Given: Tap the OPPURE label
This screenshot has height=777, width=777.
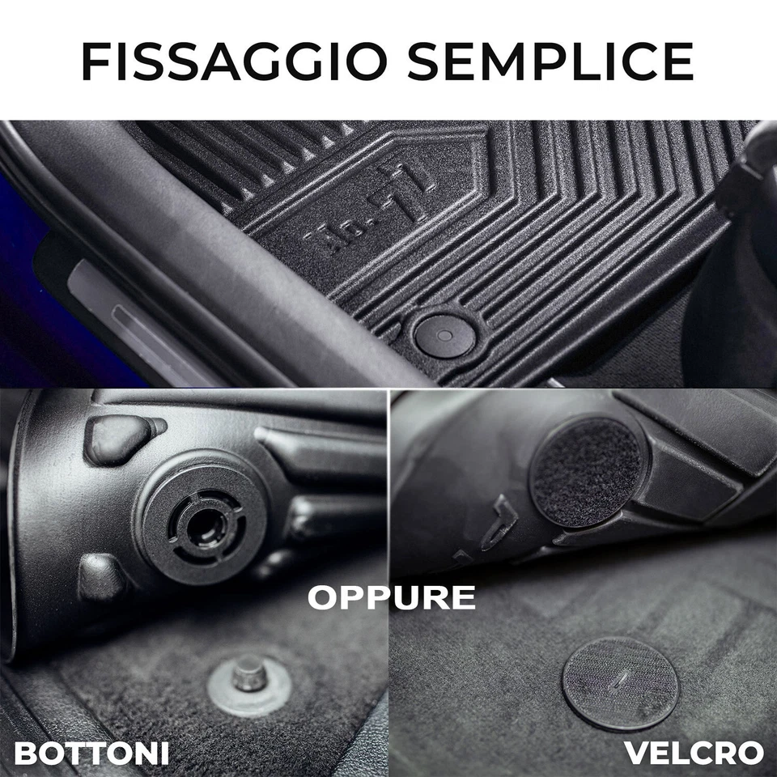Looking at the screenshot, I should pyautogui.click(x=391, y=597).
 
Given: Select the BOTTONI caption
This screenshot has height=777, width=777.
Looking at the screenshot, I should pyautogui.click(x=91, y=753).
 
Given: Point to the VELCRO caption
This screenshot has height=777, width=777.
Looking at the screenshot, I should pyautogui.click(x=694, y=753).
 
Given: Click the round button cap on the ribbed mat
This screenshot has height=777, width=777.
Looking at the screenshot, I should pyautogui.click(x=444, y=334).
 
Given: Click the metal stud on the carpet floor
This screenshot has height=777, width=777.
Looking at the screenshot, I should pyautogui.click(x=250, y=673).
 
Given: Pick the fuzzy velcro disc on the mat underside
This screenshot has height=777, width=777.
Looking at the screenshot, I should pyautogui.click(x=586, y=472).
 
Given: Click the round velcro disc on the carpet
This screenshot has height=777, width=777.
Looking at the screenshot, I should pyautogui.click(x=620, y=683).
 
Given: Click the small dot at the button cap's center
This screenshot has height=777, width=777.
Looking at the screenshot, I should pyautogui.click(x=444, y=333).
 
